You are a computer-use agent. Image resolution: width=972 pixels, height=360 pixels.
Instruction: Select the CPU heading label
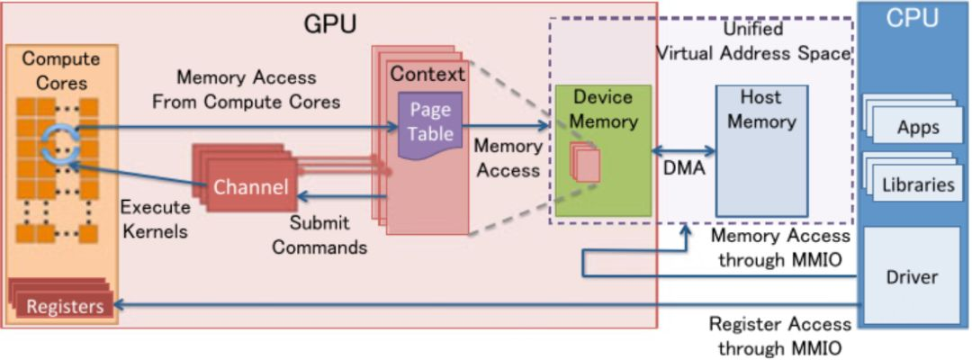(913, 18)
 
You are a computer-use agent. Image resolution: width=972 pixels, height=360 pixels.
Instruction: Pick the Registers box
(64, 307)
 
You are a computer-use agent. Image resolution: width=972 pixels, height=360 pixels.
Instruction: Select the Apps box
(918, 127)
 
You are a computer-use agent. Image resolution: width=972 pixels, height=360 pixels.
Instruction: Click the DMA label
(683, 167)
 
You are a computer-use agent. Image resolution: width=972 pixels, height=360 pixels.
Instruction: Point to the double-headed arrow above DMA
(683, 148)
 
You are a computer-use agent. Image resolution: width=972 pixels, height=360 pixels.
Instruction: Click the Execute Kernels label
(155, 218)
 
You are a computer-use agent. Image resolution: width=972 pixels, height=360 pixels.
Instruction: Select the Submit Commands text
(319, 234)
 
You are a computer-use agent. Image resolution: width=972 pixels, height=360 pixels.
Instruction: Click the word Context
(427, 73)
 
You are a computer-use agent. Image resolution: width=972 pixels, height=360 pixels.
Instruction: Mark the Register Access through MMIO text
(779, 336)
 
